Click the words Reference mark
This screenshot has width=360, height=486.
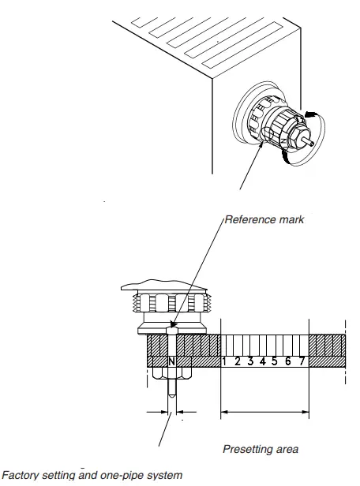264,220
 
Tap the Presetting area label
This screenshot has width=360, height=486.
260,449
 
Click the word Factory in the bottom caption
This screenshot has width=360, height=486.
21,475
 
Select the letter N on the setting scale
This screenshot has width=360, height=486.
171,362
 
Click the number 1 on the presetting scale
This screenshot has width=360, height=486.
226,362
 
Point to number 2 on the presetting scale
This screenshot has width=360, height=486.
238,362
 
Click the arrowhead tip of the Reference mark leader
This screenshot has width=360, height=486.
172,327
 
